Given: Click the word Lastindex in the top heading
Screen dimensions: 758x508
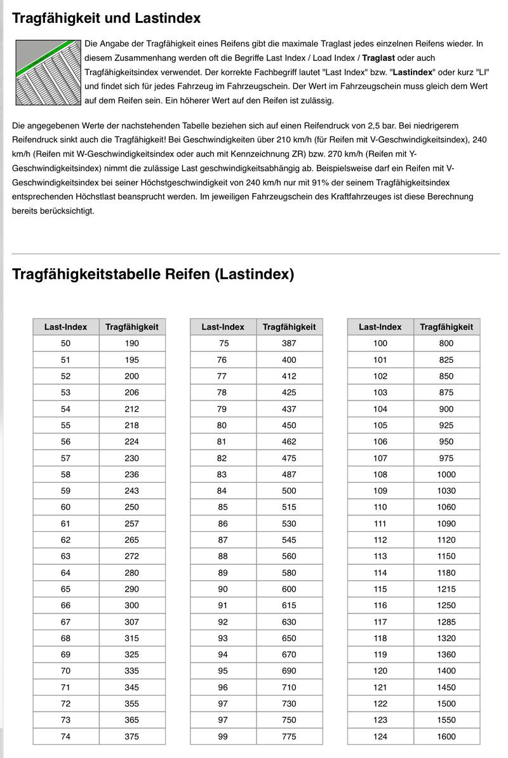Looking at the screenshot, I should [x=168, y=18].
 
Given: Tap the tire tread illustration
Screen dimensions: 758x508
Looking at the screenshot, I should [x=47, y=72].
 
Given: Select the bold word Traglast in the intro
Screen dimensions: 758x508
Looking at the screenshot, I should [x=381, y=58].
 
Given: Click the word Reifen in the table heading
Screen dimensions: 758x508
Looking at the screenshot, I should [x=189, y=274].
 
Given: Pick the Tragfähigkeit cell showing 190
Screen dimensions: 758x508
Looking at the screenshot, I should [x=131, y=343].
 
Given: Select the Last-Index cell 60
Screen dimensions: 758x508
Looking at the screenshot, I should [x=66, y=507].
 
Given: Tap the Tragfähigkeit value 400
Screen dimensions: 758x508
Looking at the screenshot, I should [x=289, y=360].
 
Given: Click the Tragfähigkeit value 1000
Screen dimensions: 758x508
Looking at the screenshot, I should [x=446, y=474].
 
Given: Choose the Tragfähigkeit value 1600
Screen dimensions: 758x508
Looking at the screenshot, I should [x=446, y=736].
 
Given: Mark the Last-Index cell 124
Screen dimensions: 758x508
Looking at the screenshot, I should [x=380, y=736].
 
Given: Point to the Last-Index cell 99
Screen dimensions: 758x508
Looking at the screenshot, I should [x=223, y=736].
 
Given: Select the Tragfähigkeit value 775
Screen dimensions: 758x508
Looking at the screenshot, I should [x=289, y=736].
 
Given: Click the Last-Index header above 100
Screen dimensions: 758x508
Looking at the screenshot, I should [x=380, y=327].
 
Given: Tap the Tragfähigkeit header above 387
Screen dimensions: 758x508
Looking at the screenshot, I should [x=289, y=327].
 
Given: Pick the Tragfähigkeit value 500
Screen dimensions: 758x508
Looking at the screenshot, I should [x=289, y=491].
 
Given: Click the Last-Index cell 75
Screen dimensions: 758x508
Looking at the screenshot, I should [x=224, y=343].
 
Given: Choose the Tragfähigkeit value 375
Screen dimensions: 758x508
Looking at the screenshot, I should [x=131, y=736].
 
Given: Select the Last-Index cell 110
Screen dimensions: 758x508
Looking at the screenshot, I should [x=380, y=507].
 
